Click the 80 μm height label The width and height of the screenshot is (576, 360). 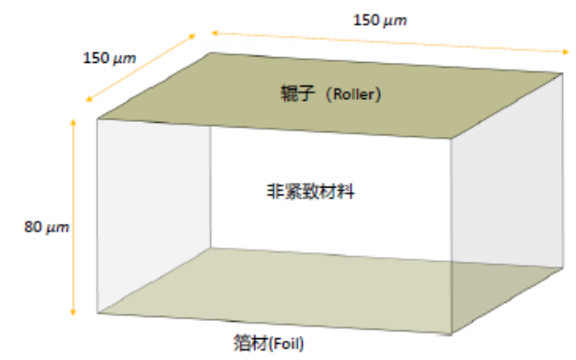coord(47,227)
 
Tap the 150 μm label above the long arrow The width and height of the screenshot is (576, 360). coord(380,20)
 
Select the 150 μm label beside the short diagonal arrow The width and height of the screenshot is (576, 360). coord(109,58)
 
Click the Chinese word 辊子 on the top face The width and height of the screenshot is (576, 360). coord(298,93)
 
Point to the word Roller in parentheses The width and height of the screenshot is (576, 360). coord(353,94)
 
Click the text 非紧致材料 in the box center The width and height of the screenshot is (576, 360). coord(310,191)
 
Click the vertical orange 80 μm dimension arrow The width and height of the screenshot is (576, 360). coord(73,217)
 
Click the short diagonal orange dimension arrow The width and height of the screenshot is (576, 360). coord(141,68)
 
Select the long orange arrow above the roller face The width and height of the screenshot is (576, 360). coord(390,43)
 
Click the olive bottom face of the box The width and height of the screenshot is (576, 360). coord(329,290)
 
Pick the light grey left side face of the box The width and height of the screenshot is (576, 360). coord(154,216)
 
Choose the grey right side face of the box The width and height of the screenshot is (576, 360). coord(506,203)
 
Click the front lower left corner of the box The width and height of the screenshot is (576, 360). coord(97,313)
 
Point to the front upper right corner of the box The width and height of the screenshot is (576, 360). coord(451,138)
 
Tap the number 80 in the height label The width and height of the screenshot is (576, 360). coord(32,227)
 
